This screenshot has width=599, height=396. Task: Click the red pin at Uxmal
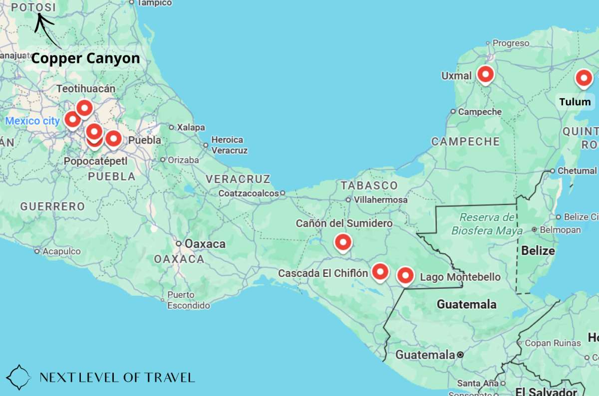[485, 75]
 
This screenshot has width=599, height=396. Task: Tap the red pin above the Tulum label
[583, 79]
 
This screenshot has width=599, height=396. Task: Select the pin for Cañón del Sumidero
[342, 242]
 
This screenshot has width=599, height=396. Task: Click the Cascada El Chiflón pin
[380, 272]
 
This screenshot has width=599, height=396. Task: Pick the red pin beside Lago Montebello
[405, 275]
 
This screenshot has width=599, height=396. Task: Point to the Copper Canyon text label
[85, 58]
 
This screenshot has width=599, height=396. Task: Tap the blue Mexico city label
[32, 121]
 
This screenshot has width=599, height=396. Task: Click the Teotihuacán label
[86, 89]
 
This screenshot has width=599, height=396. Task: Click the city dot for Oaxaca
[179, 243]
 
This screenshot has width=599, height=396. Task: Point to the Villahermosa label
[380, 199]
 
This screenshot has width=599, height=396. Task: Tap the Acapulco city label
[61, 251]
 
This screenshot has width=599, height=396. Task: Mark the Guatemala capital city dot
[460, 355]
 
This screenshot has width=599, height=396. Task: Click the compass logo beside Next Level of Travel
[18, 377]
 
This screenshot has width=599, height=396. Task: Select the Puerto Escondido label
[188, 300]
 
